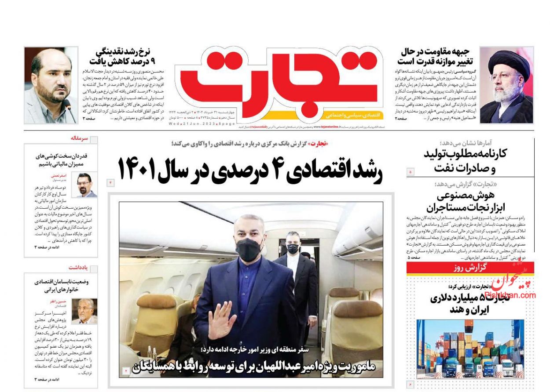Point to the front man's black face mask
point(249,249)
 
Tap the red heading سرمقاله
point(79,138)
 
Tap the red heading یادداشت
point(78,267)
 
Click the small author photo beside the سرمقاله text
point(87,185)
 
